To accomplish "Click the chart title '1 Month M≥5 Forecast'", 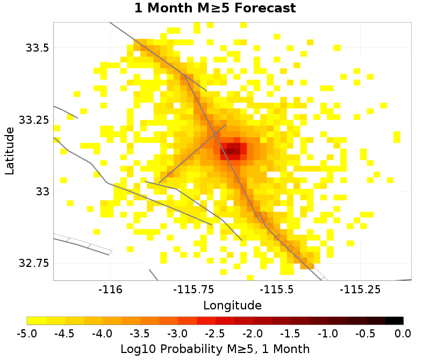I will tap(215, 9).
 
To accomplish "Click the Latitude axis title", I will tap(9, 151).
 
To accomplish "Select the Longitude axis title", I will tap(232, 306).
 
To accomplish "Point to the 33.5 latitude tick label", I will tap(37, 48).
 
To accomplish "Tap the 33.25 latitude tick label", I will tap(34, 119).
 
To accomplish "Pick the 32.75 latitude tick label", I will tap(34, 263).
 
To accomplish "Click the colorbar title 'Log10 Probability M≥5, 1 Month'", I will tap(215, 349).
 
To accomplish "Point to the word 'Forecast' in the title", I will tap(264, 9).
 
